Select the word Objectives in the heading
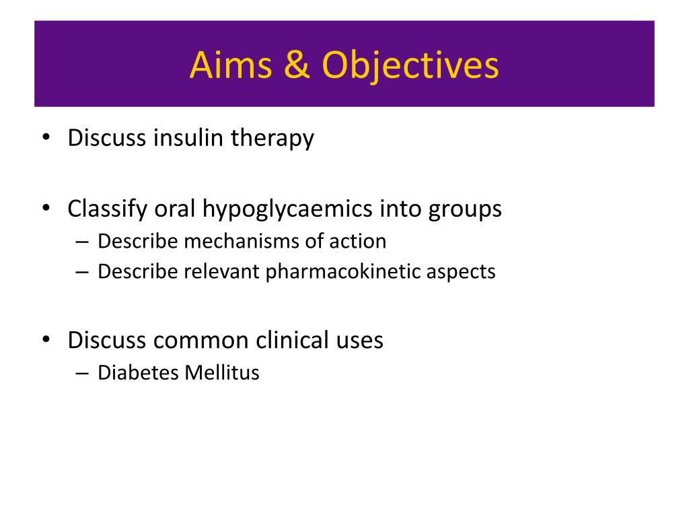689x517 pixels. (410, 66)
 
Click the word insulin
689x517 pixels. (188, 137)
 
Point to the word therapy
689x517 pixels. (273, 139)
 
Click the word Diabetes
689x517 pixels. (138, 372)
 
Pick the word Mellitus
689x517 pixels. (222, 372)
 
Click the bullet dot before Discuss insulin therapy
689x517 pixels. (46, 137)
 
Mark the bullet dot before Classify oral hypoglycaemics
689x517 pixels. (46, 208)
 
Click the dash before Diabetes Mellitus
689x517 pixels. (82, 373)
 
